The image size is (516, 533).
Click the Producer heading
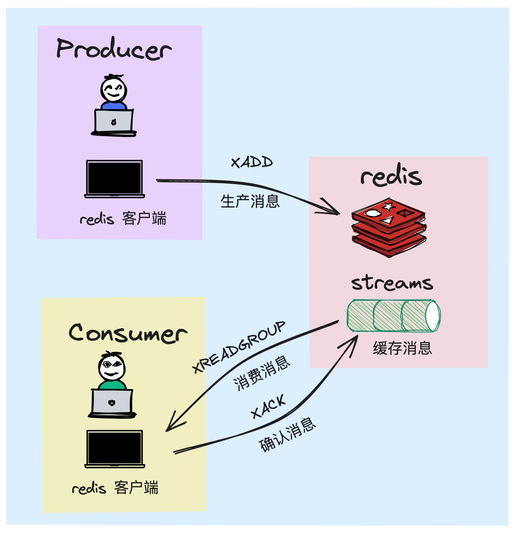[x=114, y=49]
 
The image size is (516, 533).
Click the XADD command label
[x=252, y=162]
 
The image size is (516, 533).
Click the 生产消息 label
[x=250, y=201]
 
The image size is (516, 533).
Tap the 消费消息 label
[x=262, y=373]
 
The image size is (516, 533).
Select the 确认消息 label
[x=287, y=435]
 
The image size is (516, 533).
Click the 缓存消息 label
[x=402, y=348]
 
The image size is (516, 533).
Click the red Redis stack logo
[x=389, y=227]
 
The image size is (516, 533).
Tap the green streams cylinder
[x=394, y=316]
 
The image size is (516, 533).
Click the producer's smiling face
[x=114, y=89]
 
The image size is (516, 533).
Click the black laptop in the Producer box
[x=115, y=179]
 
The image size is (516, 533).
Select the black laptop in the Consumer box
[x=115, y=449]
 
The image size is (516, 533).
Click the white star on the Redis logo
[x=388, y=206]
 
